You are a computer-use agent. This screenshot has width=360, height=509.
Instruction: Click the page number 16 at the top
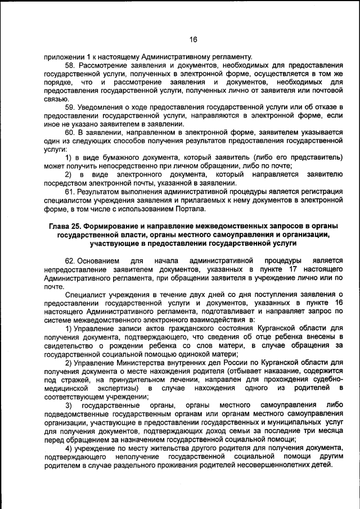tap(193, 39)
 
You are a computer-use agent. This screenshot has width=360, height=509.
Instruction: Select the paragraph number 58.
tap(70, 66)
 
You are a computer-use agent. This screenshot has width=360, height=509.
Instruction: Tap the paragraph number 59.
tap(70, 107)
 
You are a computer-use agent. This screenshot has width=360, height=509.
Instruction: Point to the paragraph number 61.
tap(70, 191)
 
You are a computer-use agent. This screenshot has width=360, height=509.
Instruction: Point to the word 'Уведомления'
tap(102, 107)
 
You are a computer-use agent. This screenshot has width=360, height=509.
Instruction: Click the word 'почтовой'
tap(325, 91)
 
